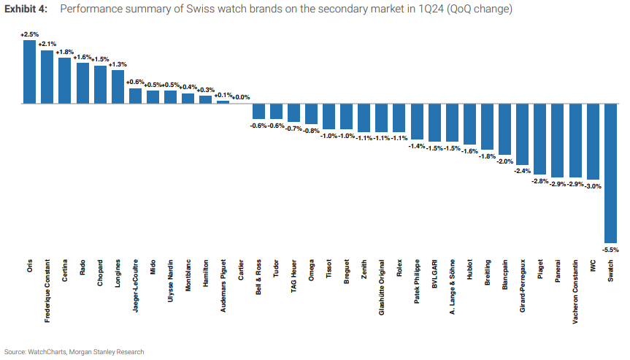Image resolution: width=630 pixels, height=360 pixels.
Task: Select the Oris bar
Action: click(29, 72)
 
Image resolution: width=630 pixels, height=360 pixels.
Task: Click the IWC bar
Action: click(593, 141)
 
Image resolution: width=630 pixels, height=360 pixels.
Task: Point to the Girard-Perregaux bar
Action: click(522, 134)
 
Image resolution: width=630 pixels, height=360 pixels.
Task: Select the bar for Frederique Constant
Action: click(47, 77)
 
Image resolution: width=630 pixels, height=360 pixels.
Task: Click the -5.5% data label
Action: click(610, 249)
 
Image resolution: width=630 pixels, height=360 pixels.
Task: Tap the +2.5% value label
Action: click(29, 34)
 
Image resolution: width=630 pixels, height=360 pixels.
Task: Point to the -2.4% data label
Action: click(522, 171)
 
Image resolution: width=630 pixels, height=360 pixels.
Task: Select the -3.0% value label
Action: click(593, 186)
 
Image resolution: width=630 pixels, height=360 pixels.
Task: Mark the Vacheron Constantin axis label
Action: click(575, 285)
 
